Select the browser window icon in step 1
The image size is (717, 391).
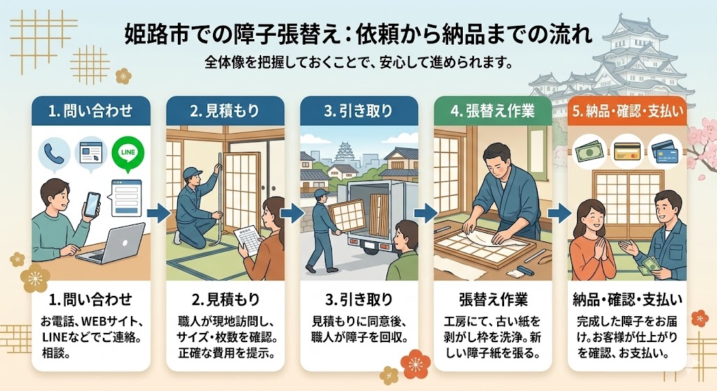click(x=90, y=151)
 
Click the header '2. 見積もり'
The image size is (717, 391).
click(x=225, y=110)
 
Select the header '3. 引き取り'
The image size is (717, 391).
click(x=358, y=110)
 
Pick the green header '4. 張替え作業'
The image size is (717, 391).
click(x=493, y=110)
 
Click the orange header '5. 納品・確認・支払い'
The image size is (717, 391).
click(x=627, y=110)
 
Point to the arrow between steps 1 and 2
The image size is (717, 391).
click(x=158, y=212)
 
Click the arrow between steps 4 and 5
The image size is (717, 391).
click(x=559, y=212)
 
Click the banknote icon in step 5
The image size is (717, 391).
click(x=588, y=150)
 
